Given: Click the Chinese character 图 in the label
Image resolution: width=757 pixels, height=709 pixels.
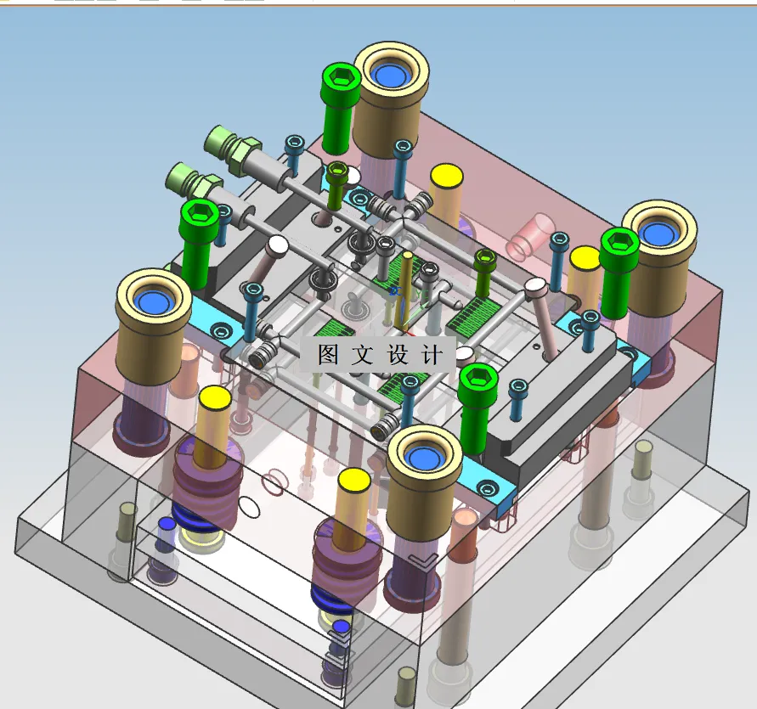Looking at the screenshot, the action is coord(328,354).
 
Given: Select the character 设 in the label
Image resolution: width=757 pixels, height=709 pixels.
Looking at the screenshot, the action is coord(398,354).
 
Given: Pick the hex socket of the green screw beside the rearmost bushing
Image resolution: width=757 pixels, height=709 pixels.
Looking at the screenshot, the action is coord(342,75).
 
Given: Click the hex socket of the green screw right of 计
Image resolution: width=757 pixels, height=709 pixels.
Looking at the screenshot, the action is coord(478,375).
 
